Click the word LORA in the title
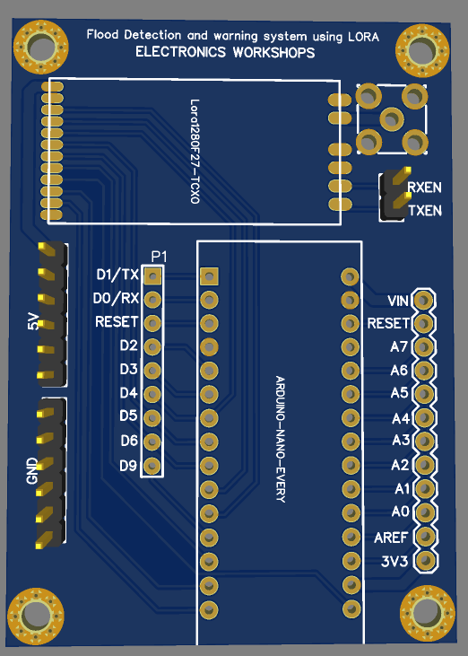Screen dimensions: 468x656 coord(363,37)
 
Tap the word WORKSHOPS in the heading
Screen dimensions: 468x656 coord(273,52)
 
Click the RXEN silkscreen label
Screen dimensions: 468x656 coord(425,188)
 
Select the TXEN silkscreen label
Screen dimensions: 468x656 coord(425,210)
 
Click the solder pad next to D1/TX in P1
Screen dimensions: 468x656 coord(152,276)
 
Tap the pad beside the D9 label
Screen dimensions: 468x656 coord(152,465)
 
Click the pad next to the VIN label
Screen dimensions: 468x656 coord(424,300)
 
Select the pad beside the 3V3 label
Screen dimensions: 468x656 coord(426,560)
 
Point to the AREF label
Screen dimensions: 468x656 coord(391,538)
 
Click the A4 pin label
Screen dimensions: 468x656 coord(401,418)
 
